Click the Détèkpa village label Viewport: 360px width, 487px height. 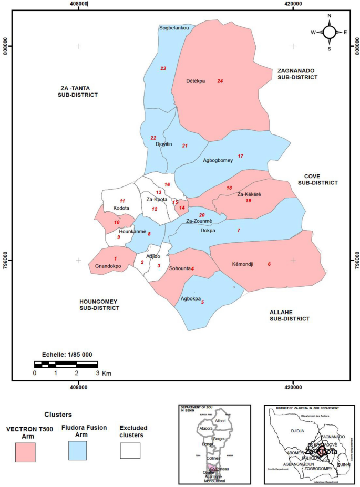coord(196,81)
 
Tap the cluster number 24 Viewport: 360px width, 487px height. coord(220,81)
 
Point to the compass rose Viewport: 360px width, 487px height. coord(330,32)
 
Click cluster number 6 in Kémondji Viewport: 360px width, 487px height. coord(270,264)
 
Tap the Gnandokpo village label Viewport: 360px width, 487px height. coord(108,266)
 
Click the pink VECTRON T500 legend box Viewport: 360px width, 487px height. coord(25,451)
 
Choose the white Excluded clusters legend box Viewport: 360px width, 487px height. coord(130,451)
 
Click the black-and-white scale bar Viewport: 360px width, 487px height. coord(66,364)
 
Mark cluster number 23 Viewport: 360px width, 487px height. coord(163,69)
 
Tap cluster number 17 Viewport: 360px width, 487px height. coord(241,157)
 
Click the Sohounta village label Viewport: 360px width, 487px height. coord(179,269)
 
